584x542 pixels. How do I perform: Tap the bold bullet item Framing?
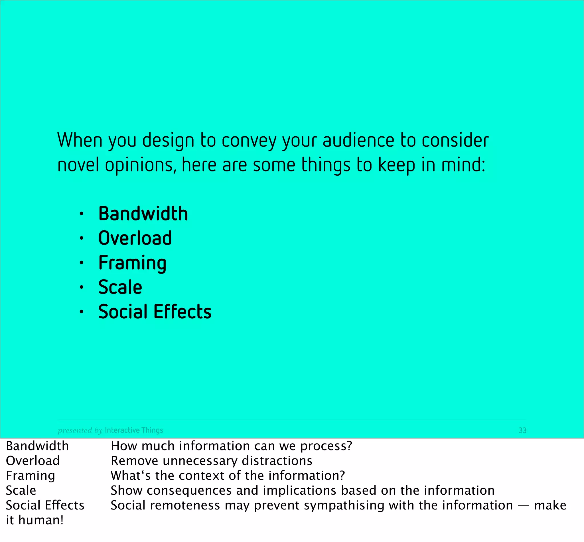[132, 263]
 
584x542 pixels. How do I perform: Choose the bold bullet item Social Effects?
[155, 312]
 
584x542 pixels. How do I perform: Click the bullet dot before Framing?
[82, 263]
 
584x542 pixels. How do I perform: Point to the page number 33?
[522, 430]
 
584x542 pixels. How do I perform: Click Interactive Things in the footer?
[134, 430]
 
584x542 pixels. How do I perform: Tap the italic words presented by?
[80, 430]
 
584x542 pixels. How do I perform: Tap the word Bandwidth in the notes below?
[37, 446]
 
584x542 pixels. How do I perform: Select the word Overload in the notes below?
[33, 461]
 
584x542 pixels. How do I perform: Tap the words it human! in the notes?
[35, 520]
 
